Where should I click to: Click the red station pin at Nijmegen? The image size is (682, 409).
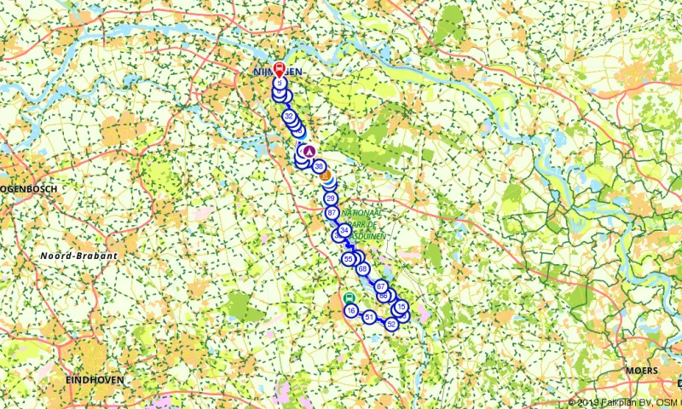pos(279,69)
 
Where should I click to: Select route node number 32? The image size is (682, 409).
pos(289,117)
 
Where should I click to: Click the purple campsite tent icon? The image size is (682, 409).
pos(309,151)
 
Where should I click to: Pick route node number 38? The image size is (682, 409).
pos(319,166)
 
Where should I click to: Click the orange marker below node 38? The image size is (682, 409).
pos(325,178)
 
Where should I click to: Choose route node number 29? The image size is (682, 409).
pos(330,198)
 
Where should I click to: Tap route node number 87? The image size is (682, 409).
pos(332,212)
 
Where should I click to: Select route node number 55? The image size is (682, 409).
pos(348,258)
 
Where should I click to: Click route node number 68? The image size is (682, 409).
pos(363,269)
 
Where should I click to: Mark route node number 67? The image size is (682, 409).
pos(381,286)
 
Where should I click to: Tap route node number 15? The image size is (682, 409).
pos(402,308)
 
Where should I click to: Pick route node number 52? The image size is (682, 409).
pos(391,324)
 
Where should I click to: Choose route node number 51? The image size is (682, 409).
pos(369,317)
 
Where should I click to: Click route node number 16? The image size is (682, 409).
pos(351,311)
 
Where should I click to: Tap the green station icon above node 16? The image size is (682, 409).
pos(350,297)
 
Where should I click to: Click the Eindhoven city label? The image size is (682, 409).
pos(95,379)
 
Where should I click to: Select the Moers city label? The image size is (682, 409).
pos(641,372)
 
